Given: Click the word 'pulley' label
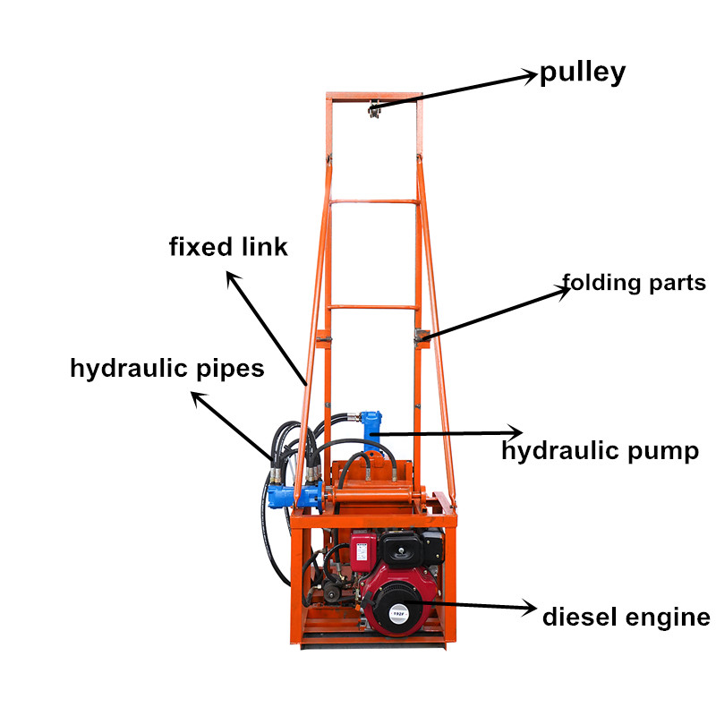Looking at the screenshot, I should tap(582, 73).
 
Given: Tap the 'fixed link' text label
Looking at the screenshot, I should tap(228, 247).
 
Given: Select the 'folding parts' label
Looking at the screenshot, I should tap(635, 284).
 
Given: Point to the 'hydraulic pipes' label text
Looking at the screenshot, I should tap(166, 369).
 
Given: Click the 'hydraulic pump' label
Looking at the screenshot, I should tap(600, 451).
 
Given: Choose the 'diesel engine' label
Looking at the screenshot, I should tap(626, 617).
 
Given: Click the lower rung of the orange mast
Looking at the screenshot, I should tap(372, 307).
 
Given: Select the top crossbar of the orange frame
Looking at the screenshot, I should tap(373, 95).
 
